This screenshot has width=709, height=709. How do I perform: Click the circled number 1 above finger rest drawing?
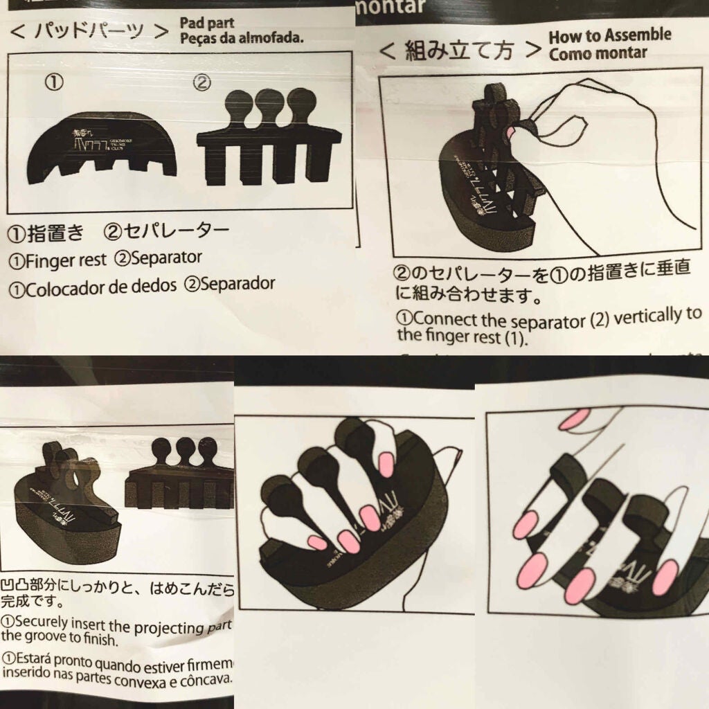click(55, 83)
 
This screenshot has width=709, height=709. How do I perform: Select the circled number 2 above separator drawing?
click(201, 83)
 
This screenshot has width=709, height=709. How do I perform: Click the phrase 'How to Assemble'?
click(609, 36)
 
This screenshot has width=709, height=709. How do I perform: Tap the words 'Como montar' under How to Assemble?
click(598, 53)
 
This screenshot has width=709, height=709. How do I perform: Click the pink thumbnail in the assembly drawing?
click(514, 130)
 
